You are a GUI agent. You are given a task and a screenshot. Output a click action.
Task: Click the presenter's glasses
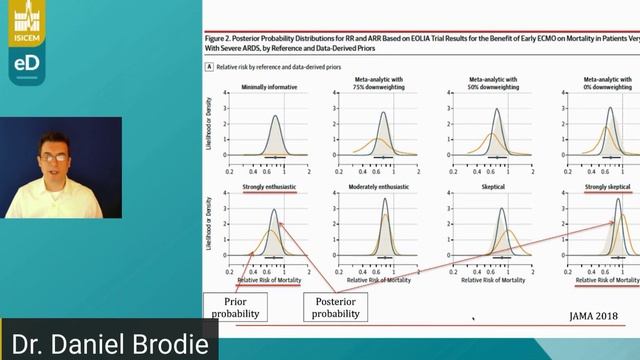[x=53, y=157]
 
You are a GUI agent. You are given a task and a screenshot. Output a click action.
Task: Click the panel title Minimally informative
[x=270, y=87]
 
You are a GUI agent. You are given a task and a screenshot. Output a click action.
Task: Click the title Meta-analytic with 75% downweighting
[x=383, y=82]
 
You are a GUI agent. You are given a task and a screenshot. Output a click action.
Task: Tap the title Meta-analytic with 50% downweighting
[x=496, y=82]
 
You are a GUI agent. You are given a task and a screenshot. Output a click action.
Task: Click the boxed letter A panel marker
[x=208, y=66]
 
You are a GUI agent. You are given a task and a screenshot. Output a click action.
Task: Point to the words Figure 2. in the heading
[x=219, y=35]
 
